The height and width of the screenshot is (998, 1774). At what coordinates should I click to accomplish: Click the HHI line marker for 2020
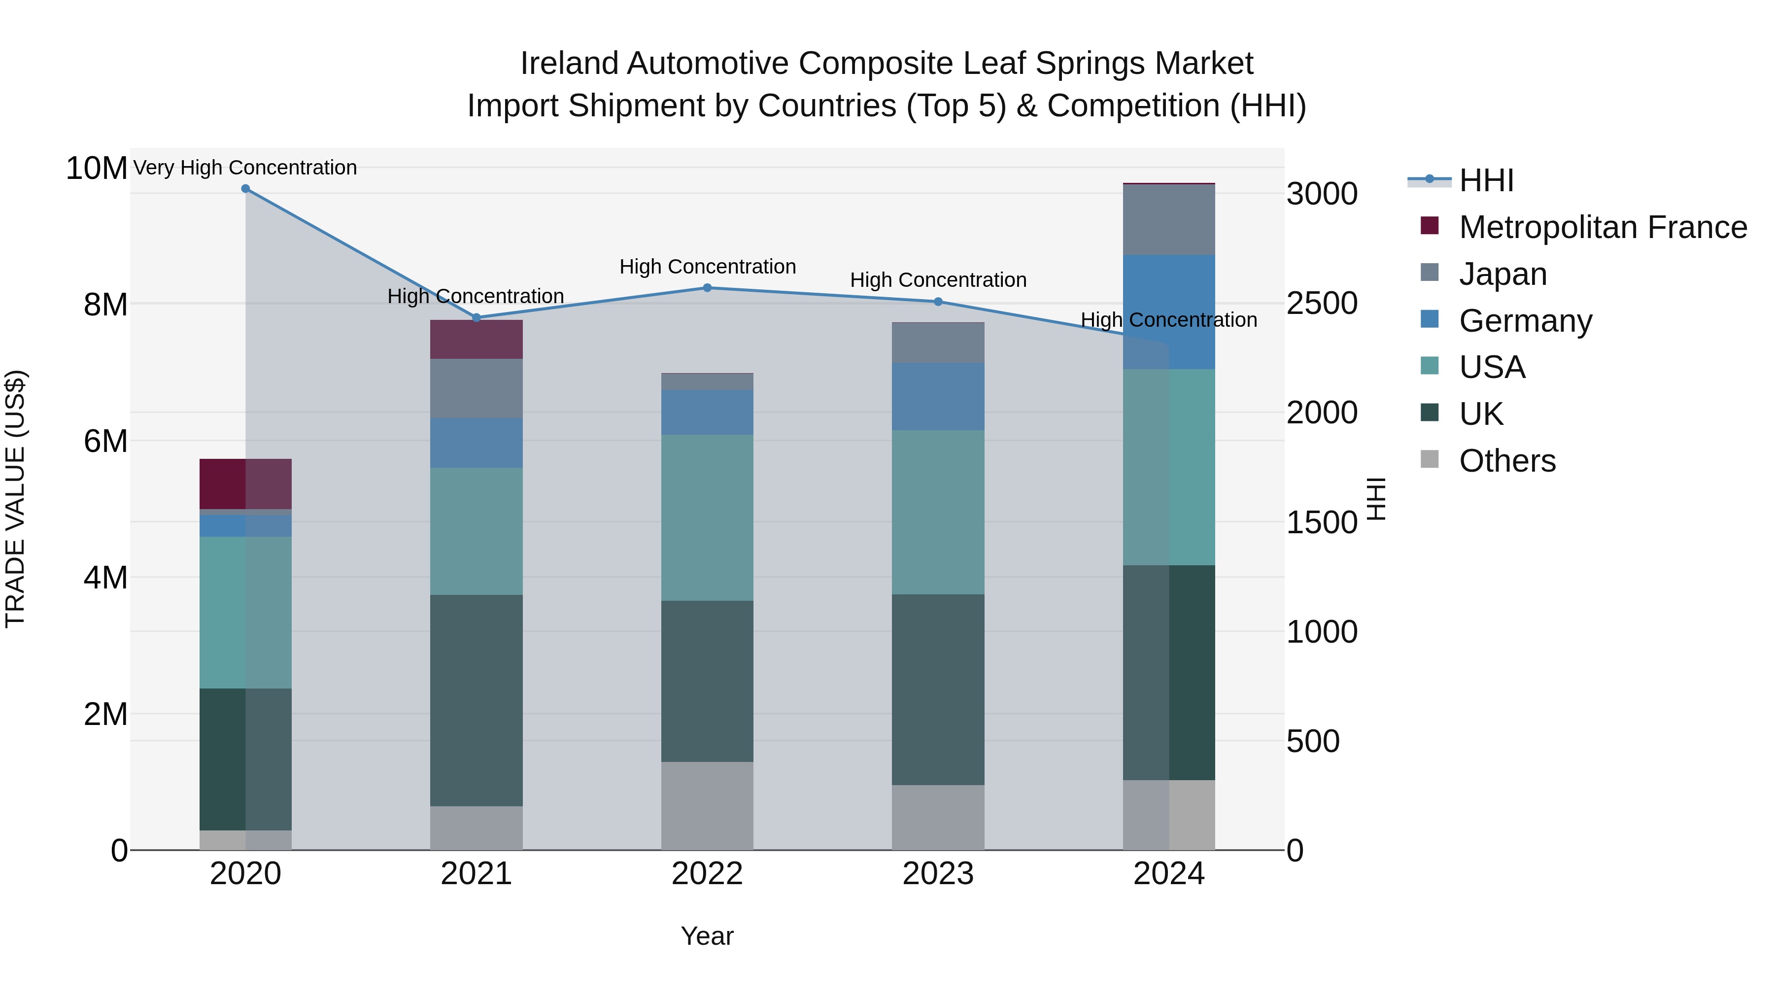point(245,189)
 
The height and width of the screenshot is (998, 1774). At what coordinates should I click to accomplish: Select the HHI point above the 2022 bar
point(707,288)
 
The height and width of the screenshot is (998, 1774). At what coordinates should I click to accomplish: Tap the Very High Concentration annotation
point(245,168)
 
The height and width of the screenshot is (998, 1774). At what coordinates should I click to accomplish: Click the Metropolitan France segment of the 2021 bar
point(476,340)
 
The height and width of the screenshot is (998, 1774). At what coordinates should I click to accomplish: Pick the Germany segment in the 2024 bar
point(1169,312)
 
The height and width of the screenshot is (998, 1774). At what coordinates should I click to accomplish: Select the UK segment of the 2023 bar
point(938,689)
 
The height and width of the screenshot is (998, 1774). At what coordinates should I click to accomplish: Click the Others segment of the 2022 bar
point(707,806)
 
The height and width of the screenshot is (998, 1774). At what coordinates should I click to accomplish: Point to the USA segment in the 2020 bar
point(245,612)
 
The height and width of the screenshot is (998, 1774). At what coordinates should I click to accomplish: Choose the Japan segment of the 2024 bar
point(1169,220)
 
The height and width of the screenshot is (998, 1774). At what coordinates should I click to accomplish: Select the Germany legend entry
point(1525,321)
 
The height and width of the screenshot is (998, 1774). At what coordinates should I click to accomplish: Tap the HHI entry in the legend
point(1486,180)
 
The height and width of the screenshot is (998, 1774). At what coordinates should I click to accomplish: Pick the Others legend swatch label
point(1507,461)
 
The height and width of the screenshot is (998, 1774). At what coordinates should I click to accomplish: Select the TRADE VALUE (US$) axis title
point(16,499)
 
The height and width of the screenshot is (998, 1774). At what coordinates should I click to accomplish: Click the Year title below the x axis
point(707,936)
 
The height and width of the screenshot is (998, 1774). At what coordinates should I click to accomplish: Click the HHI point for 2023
point(938,302)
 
